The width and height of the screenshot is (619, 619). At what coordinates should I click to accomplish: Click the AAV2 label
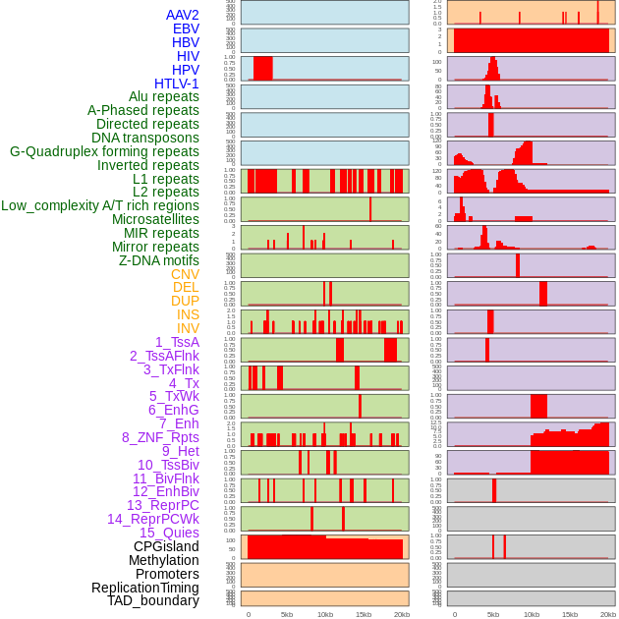183,15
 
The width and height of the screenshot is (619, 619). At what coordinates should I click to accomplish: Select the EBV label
186,28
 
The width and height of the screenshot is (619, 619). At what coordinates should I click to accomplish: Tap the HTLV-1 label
177,84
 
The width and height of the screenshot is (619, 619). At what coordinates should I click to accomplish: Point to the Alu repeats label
164,96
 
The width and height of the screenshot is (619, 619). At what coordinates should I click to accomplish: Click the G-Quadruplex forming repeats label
104,151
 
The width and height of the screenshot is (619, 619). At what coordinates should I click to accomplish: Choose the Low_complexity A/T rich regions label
100,205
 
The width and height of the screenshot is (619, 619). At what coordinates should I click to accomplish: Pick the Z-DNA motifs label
159,260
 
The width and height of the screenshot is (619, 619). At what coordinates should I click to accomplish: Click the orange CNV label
185,274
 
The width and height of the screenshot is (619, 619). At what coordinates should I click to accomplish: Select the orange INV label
188,328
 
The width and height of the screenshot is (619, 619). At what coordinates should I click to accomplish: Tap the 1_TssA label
177,342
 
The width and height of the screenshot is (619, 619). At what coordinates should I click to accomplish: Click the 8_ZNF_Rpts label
160,437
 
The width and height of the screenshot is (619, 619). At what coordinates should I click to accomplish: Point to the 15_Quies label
168,533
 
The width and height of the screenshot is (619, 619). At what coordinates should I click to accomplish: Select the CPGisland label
166,546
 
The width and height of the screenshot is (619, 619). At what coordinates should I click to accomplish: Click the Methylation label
164,560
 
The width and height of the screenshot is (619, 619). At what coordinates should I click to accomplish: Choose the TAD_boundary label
153,600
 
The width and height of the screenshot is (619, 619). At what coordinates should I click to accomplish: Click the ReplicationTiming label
145,588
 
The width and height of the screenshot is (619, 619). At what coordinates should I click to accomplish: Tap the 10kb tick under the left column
325,614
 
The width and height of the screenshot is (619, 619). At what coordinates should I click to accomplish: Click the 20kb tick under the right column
608,614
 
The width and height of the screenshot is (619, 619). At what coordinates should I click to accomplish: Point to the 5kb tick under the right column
493,614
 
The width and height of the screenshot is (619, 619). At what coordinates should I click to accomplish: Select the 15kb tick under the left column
364,614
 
